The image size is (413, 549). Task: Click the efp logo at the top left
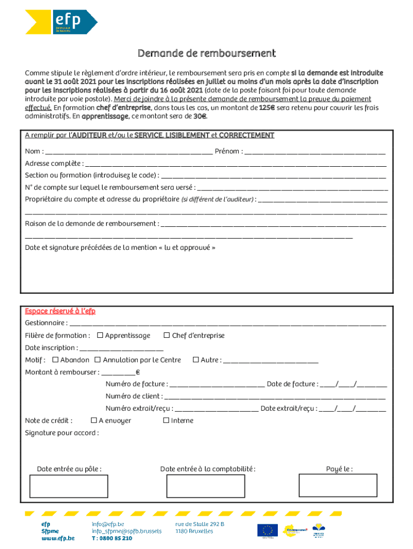tap(61, 22)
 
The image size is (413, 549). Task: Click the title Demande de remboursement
tap(206, 53)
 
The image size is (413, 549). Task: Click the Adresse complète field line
tap(235, 164)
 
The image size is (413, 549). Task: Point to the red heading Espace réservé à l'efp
tap(60, 311)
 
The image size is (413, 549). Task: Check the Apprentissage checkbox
tap(100, 336)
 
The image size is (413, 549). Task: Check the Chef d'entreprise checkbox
tap(166, 336)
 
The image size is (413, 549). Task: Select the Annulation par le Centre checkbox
tap(98, 360)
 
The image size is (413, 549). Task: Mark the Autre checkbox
tap(195, 360)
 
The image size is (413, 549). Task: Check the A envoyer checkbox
tap(94, 420)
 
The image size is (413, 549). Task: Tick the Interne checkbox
tap(166, 420)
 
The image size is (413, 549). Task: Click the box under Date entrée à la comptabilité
tap(198, 486)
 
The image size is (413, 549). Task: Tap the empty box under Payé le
tap(330, 486)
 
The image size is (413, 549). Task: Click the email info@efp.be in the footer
tap(108, 524)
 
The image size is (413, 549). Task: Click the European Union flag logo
tap(267, 530)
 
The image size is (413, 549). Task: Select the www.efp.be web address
tap(58, 538)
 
